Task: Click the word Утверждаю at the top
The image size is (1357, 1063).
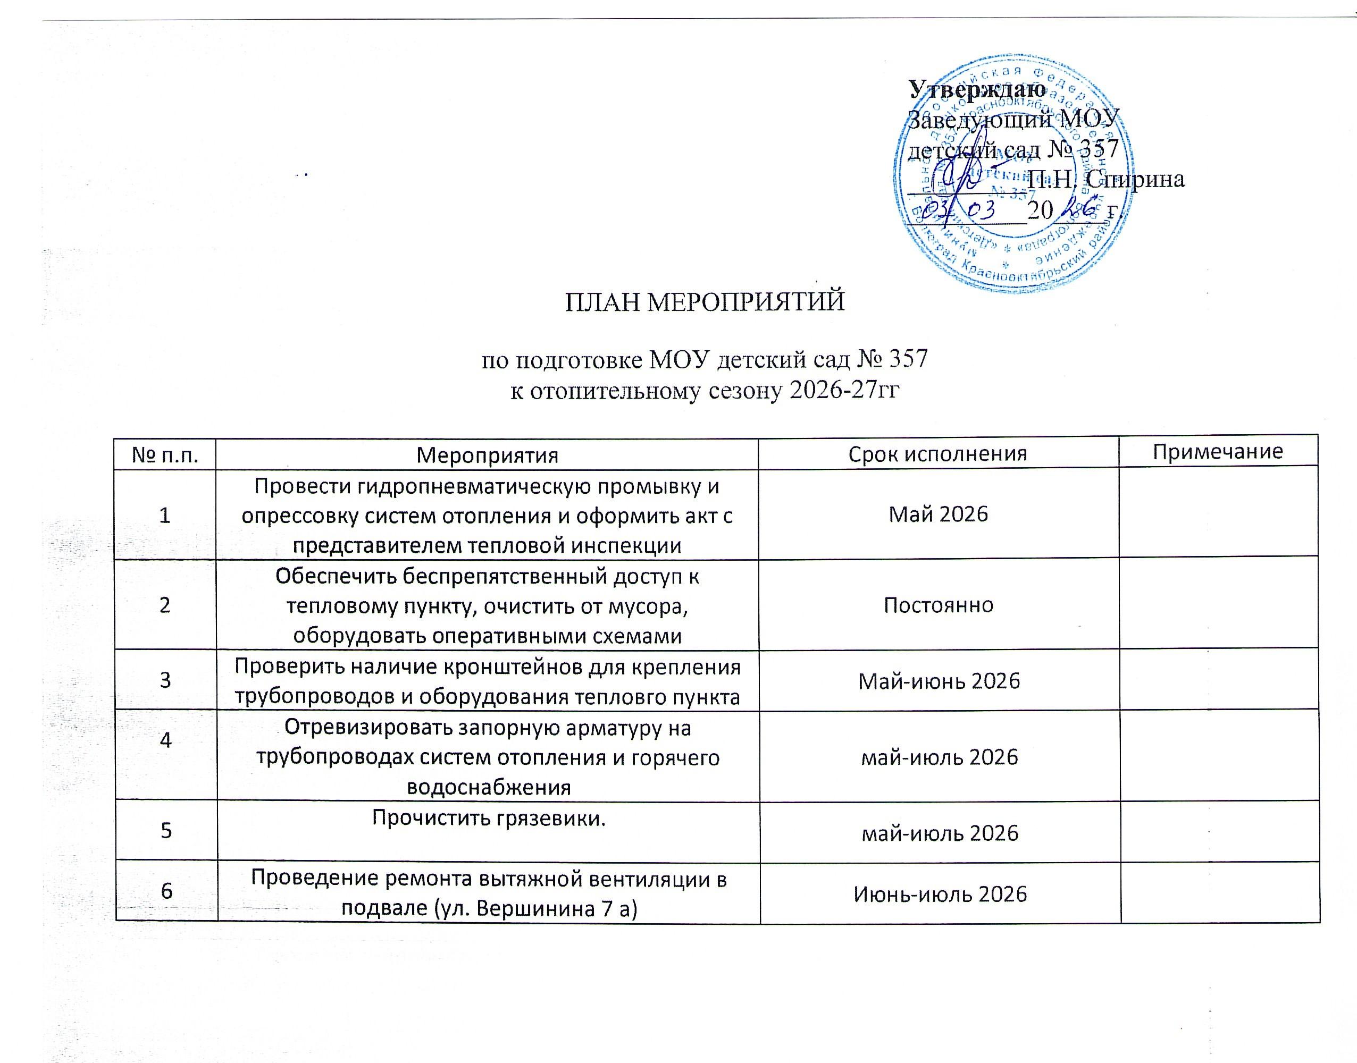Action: pyautogui.click(x=977, y=89)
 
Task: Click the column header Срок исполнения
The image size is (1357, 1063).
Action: pyautogui.click(x=937, y=454)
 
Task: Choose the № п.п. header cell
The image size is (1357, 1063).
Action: pyautogui.click(x=165, y=455)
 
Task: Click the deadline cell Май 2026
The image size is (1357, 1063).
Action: pyautogui.click(x=938, y=513)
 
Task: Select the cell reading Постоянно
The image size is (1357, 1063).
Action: pyautogui.click(x=938, y=604)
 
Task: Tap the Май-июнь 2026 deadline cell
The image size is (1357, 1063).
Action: pyautogui.click(x=939, y=681)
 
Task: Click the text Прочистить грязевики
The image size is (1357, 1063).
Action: pyautogui.click(x=488, y=818)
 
